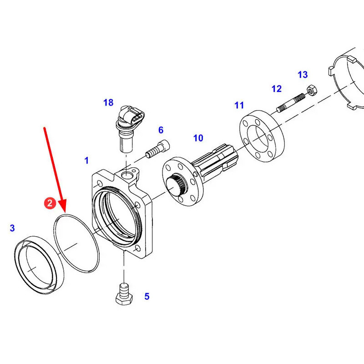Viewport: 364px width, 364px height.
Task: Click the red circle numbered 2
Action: coord(50,203)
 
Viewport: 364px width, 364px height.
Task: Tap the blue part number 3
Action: coord(12,228)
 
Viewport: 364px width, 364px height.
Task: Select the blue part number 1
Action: coord(86,161)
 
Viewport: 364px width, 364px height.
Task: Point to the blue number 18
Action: coord(108,102)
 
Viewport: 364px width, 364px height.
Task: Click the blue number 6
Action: coord(161,130)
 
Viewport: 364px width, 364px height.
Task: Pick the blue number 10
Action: coord(198,138)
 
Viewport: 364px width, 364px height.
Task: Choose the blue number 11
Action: coord(239,105)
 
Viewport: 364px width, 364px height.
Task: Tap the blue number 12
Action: coord(277,89)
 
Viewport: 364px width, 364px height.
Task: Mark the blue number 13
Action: coord(303,75)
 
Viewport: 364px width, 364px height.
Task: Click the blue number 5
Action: coord(147,297)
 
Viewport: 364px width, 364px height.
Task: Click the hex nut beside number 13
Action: coord(312,90)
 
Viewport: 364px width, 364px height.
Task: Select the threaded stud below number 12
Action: coord(291,102)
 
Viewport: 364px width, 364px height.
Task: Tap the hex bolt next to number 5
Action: coord(124,294)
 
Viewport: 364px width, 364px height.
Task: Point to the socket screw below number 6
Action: coord(157,149)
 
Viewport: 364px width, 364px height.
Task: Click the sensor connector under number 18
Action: coord(130,128)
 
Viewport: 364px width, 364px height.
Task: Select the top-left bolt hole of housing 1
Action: coord(100,184)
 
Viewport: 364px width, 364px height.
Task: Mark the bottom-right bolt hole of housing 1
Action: coord(138,248)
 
